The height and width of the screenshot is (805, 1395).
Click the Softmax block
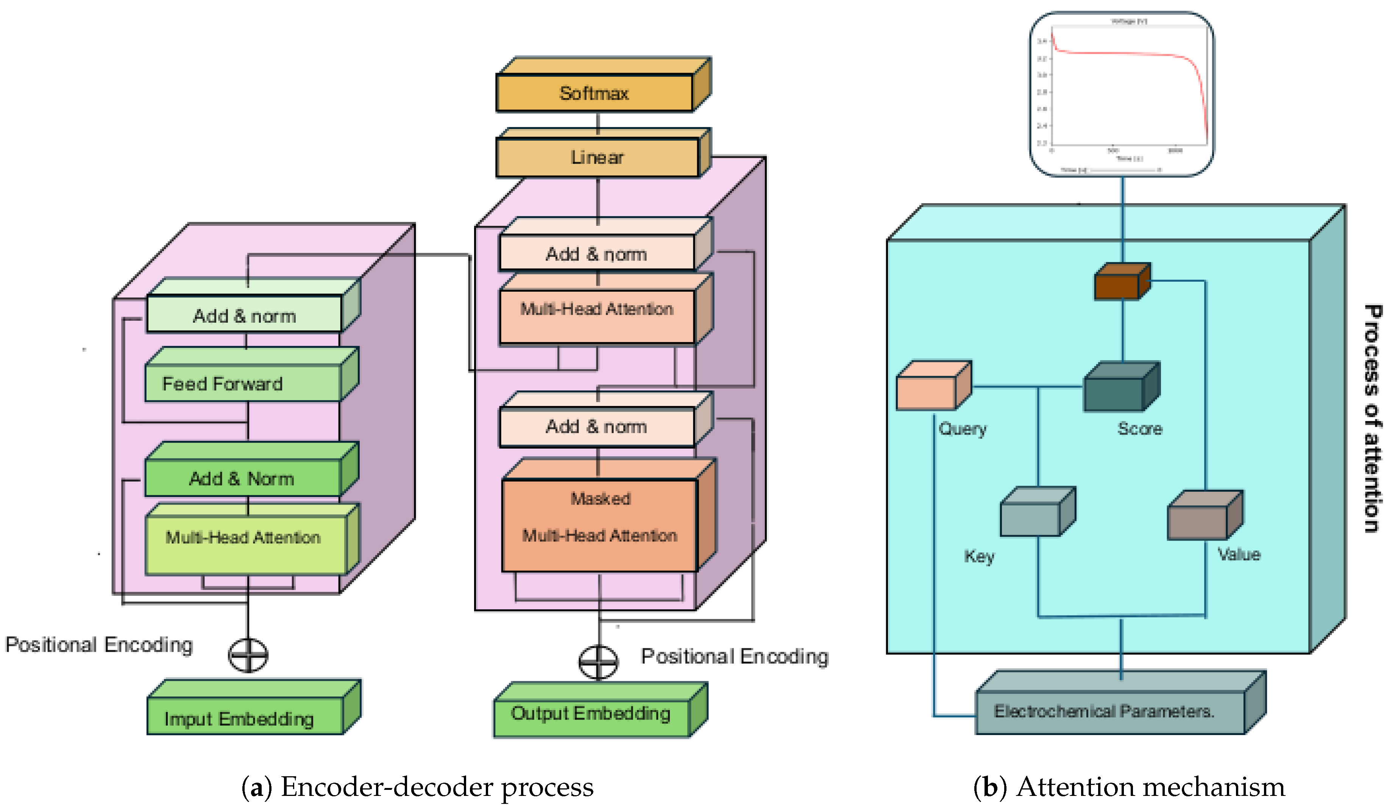point(594,93)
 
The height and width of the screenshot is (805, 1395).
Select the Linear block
point(598,158)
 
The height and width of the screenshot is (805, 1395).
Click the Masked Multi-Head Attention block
point(600,524)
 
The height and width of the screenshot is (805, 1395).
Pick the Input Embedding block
point(245,716)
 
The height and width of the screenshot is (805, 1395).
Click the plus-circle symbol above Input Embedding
point(248,656)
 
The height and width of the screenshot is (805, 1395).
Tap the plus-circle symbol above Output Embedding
point(598,662)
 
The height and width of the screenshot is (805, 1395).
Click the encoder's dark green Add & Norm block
point(242,478)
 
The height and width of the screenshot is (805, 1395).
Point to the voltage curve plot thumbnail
point(1122,94)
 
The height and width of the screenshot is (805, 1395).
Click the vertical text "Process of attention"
point(1372,418)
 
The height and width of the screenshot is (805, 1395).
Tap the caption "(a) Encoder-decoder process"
point(418,787)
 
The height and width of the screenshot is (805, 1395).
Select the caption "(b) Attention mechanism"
point(1129,787)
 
